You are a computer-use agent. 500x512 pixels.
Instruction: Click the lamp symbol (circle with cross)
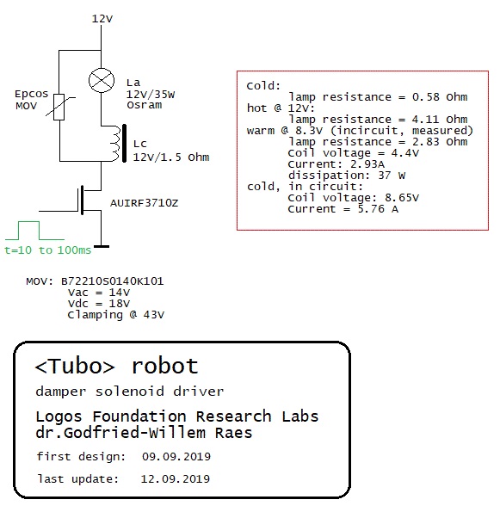pos(102,80)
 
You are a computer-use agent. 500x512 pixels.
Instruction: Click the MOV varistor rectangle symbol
pos(59,107)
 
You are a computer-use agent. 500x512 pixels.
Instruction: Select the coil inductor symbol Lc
pos(119,143)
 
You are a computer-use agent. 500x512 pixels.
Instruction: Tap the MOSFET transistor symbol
pos(88,200)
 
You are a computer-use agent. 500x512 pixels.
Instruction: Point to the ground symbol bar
pos(102,246)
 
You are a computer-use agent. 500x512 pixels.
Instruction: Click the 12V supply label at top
pos(102,19)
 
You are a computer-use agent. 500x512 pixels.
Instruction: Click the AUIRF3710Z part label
pos(144,203)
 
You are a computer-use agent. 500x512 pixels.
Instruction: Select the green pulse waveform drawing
pos(34,231)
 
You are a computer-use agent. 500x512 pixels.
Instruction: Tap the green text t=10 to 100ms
pos(47,250)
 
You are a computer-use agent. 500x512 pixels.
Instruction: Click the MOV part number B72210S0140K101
pos(113,281)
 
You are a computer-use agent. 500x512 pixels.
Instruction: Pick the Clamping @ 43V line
pos(116,315)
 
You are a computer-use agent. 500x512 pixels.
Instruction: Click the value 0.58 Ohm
pos(440,97)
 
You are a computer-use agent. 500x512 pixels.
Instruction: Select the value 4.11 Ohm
pos(440,120)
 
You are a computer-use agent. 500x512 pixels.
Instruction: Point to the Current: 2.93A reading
pos(336,163)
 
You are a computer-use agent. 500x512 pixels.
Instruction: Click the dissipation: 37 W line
pos(347,176)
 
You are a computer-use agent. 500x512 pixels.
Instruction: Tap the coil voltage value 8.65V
pos(402,198)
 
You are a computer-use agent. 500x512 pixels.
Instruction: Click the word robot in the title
pos(165,366)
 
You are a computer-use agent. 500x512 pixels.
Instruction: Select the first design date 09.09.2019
pos(176,456)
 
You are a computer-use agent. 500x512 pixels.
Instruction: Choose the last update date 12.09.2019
pos(176,478)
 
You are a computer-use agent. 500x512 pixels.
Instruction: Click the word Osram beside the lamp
pos(144,105)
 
